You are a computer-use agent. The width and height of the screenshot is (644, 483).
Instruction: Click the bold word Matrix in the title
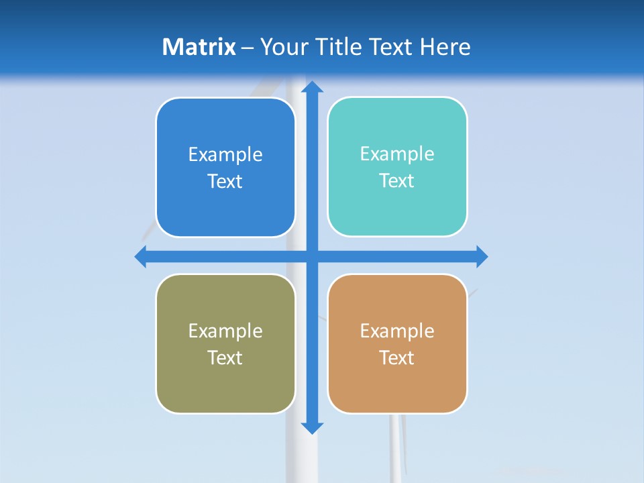(x=199, y=47)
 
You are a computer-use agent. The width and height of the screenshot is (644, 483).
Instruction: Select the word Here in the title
(x=445, y=47)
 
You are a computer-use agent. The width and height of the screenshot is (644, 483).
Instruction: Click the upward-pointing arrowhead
(x=312, y=87)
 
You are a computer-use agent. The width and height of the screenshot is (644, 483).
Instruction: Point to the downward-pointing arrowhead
(x=312, y=427)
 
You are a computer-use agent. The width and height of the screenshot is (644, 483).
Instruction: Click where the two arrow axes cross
(x=312, y=256)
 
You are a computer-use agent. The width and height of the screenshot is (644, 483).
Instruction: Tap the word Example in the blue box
(x=225, y=155)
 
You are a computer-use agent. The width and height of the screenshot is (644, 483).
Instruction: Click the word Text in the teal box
(x=397, y=181)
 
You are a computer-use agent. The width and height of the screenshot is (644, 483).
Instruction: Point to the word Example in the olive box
(x=225, y=331)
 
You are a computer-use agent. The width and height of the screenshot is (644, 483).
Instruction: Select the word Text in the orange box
(x=397, y=358)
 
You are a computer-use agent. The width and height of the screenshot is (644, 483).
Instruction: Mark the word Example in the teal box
(x=397, y=154)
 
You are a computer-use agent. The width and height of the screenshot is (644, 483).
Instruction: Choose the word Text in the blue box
(x=225, y=182)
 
